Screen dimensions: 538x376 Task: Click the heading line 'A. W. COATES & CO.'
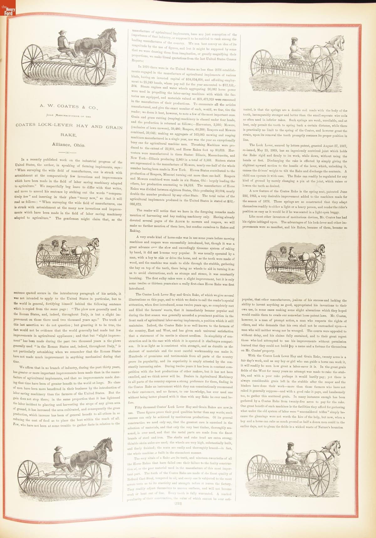coord(69,107)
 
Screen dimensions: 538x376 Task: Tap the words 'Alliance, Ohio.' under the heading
coord(68,145)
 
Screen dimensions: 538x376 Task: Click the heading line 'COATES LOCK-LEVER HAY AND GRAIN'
coord(69,126)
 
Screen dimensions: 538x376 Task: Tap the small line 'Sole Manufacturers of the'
coord(69,116)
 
